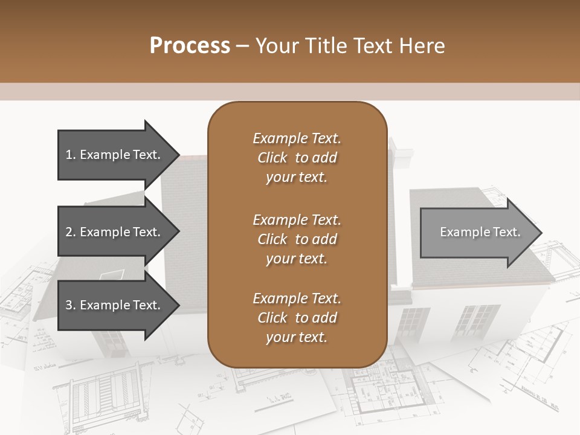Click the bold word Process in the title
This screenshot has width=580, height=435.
(190, 46)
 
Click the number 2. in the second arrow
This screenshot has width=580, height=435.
(71, 232)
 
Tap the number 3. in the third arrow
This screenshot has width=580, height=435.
(71, 305)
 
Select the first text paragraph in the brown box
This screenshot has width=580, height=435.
(297, 158)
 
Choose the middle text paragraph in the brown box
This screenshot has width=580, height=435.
(297, 239)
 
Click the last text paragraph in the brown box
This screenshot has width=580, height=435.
(297, 318)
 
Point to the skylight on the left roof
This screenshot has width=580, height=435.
(111, 275)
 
